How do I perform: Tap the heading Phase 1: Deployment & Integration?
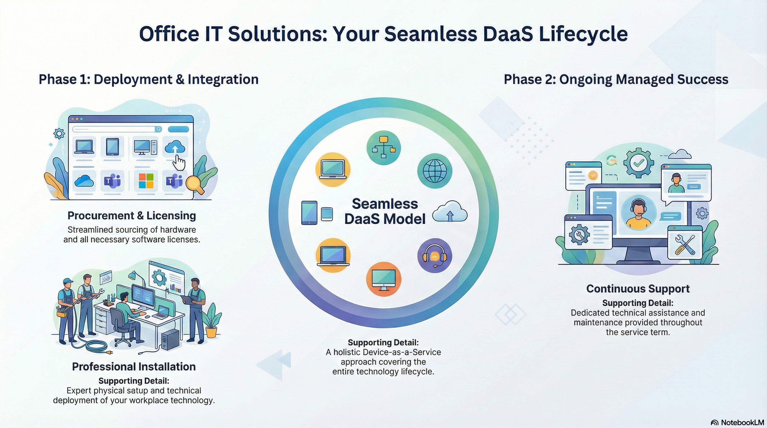coord(149,79)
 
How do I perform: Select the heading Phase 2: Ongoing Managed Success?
coord(616,79)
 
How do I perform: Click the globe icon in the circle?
coord(435,171)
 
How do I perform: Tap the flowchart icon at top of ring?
coord(384,148)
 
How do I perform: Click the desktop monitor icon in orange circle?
coord(384,279)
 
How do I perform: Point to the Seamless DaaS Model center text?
coord(385,211)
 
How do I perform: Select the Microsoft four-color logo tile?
coord(146,181)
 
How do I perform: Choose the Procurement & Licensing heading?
coord(132,215)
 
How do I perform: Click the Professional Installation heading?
coord(134,366)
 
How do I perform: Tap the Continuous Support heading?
coord(638,289)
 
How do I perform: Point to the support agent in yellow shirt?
coord(638,214)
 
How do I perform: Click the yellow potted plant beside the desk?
coord(212,323)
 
